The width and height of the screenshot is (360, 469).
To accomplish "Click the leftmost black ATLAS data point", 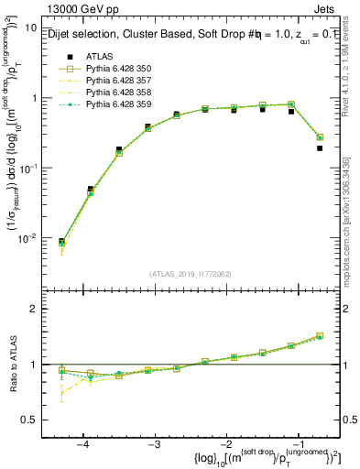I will click(61, 242).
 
